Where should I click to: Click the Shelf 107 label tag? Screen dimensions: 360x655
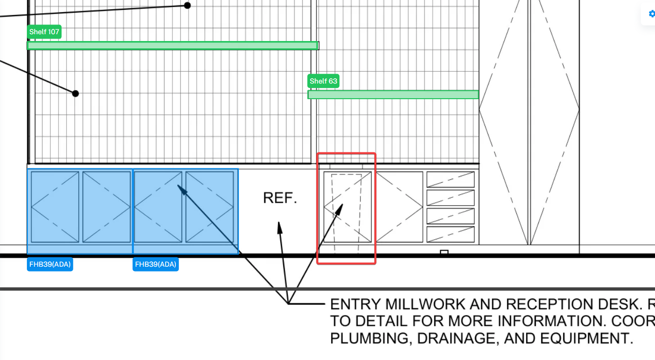click(x=44, y=32)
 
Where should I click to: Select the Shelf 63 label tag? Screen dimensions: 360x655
click(x=323, y=81)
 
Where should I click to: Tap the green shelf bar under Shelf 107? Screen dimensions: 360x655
click(x=173, y=45)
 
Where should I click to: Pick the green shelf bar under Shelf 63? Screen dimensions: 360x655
click(x=393, y=95)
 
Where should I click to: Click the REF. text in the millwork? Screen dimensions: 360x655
click(x=280, y=198)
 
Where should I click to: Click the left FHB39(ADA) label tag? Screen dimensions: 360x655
click(x=50, y=265)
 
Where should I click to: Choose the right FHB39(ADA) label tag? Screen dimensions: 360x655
click(x=155, y=265)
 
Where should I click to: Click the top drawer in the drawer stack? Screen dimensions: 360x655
click(x=450, y=180)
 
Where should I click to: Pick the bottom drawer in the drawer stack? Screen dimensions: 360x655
click(x=450, y=234)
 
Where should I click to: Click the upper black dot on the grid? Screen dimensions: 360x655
click(x=187, y=5)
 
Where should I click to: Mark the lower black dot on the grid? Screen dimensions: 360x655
click(x=75, y=93)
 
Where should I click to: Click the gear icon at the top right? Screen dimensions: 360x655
click(x=651, y=14)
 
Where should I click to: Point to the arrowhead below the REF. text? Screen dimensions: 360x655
click(x=279, y=226)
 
